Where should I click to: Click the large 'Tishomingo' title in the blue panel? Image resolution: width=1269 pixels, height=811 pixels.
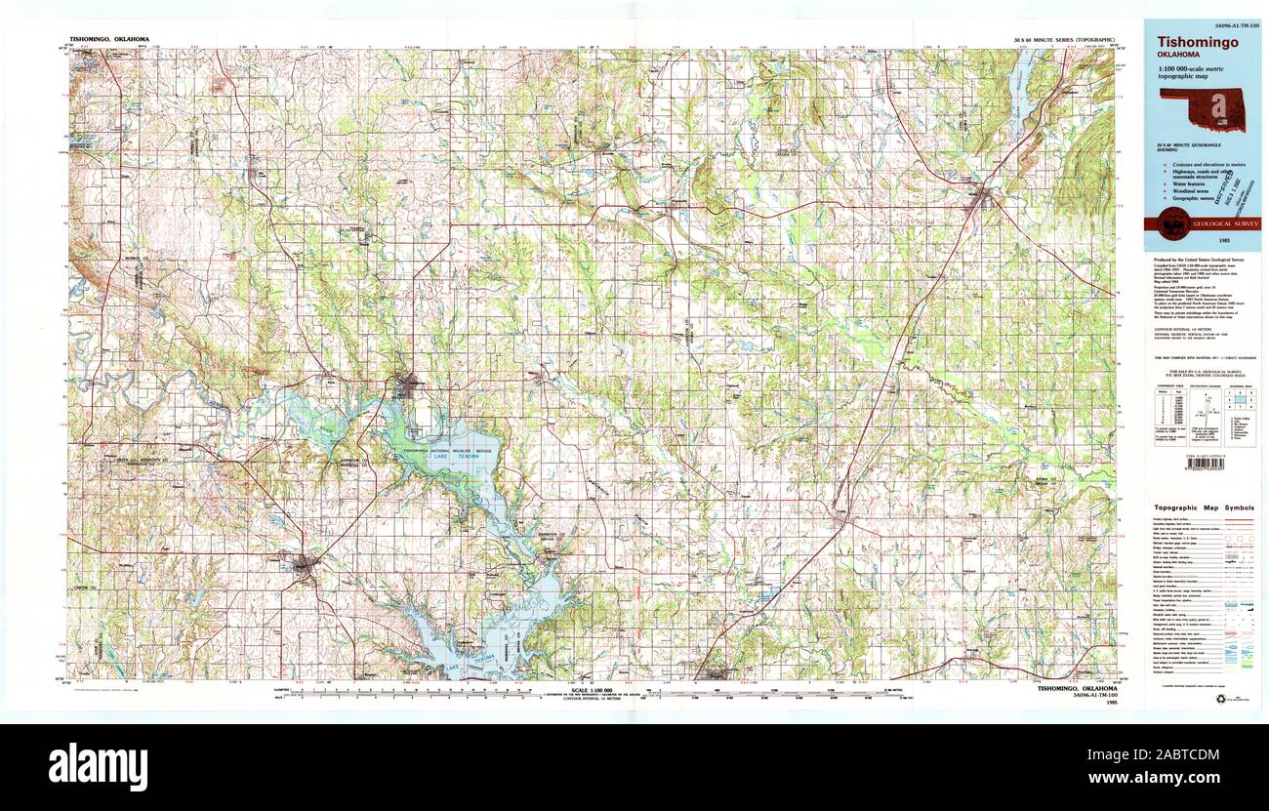pos(1198,43)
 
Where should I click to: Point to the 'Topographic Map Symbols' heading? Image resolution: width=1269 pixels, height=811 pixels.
pos(1205,508)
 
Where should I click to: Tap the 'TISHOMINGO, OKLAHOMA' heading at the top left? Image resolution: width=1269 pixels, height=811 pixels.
pos(109,38)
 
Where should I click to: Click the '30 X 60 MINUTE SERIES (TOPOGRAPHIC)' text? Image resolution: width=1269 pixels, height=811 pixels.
pos(1064,38)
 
